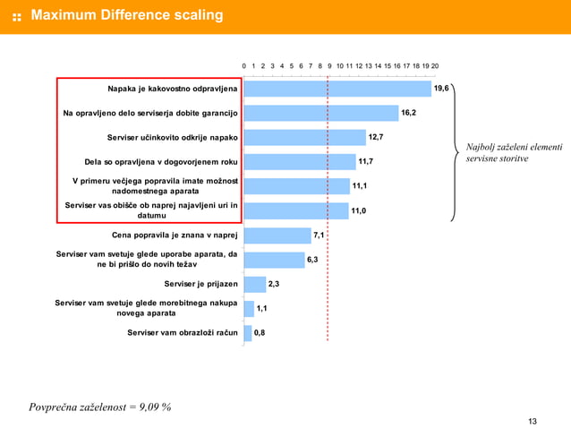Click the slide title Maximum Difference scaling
[127, 16]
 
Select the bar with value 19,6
[337, 90]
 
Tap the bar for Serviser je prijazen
[255, 284]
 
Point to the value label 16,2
[409, 113]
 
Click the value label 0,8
[260, 332]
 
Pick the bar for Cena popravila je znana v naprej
[277, 235]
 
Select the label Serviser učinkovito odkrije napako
[172, 138]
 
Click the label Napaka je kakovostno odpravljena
[173, 90]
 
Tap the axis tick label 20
[434, 66]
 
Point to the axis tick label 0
[244, 66]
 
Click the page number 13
[533, 422]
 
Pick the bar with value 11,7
[300, 162]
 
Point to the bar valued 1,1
[249, 308]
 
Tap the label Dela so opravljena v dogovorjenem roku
[160, 162]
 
